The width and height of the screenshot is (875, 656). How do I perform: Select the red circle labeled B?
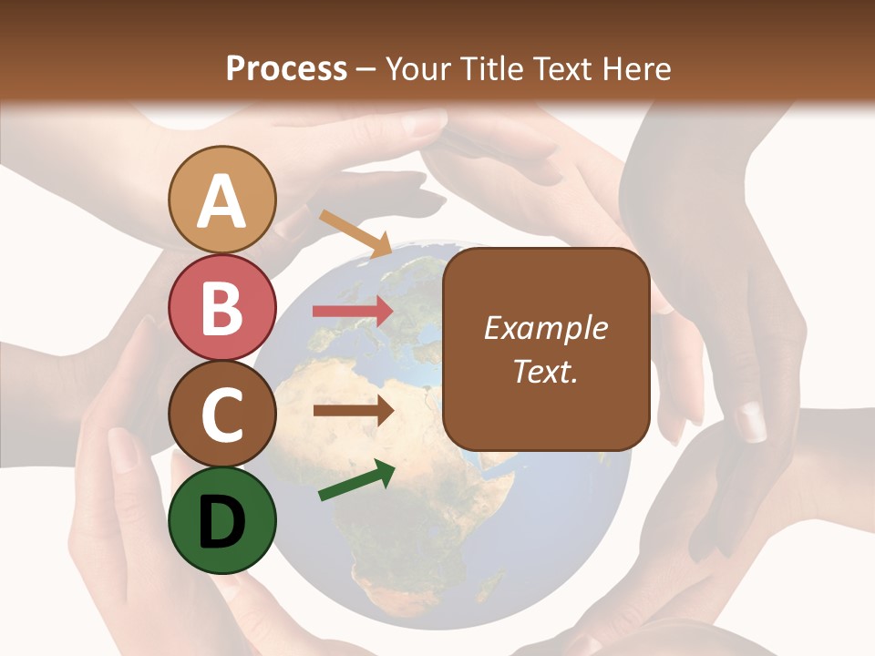tap(222, 307)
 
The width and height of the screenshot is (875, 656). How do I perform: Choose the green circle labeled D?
tap(222, 520)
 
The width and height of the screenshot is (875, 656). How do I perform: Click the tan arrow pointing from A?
tap(355, 232)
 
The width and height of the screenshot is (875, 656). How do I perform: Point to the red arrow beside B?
tap(353, 311)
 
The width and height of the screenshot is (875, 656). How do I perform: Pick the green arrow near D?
tap(356, 480)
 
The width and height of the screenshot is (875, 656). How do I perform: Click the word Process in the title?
tap(286, 68)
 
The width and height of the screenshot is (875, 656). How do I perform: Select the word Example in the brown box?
tap(546, 328)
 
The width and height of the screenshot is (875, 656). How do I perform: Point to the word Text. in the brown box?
tap(546, 371)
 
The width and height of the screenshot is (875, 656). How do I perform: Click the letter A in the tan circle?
tap(222, 201)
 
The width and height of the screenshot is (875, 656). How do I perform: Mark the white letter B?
tap(222, 308)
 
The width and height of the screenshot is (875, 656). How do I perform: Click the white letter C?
tap(222, 415)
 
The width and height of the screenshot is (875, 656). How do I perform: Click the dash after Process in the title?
tap(366, 70)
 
